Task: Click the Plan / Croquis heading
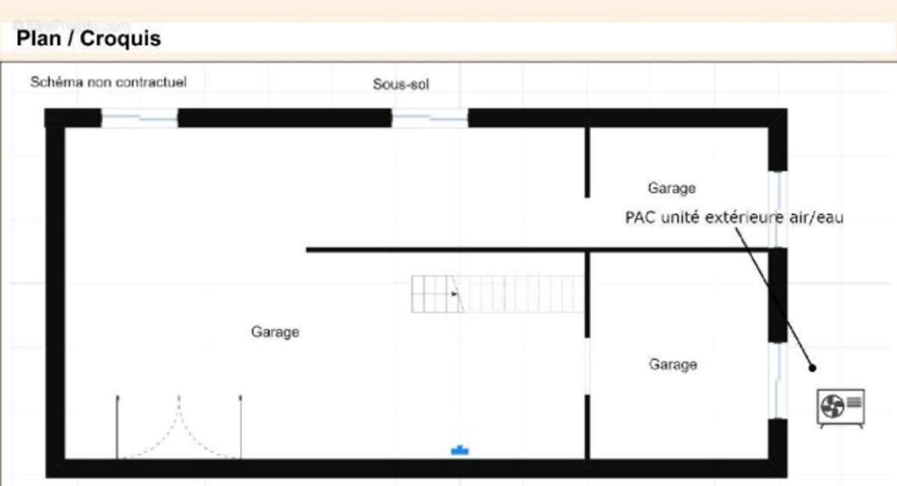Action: (88, 38)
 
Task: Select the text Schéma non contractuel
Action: (108, 82)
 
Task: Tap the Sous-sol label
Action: (401, 84)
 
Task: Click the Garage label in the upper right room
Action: (671, 188)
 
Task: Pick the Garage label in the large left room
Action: (275, 331)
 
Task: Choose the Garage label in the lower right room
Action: (673, 364)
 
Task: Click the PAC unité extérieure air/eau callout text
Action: (734, 218)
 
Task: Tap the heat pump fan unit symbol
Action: (841, 408)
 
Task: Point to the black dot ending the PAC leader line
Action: (813, 367)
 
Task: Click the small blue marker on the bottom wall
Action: (460, 450)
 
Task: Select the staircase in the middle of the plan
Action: (497, 294)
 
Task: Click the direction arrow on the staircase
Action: (454, 294)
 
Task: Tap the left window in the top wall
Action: (140, 118)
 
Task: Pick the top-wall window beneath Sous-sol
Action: (430, 118)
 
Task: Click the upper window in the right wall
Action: (778, 209)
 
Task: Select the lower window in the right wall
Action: (778, 380)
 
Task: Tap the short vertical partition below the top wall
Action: (587, 162)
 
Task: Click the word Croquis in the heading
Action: (120, 38)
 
